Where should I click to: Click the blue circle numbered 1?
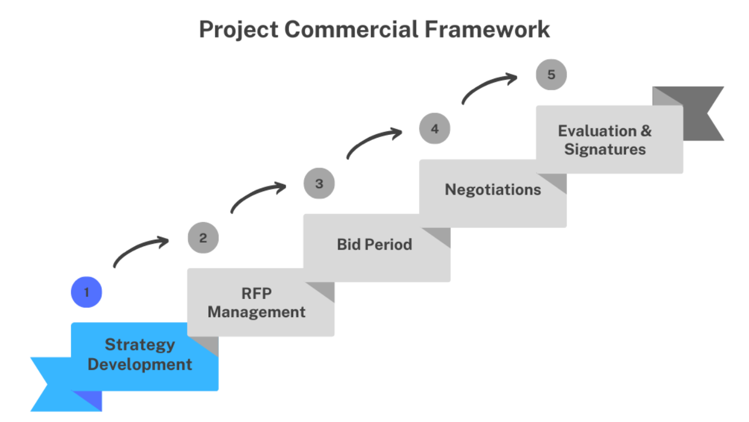[86, 292]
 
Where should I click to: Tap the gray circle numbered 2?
[203, 238]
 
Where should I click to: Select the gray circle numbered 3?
[319, 183]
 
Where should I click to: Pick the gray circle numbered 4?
[435, 128]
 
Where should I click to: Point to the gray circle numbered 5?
[551, 74]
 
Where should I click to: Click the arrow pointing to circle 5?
[486, 84]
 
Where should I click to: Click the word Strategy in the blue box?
[140, 345]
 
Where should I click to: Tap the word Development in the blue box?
[140, 365]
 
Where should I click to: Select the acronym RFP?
[256, 294]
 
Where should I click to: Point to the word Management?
[256, 312]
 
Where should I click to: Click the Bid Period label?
[374, 244]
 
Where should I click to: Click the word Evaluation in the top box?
[597, 131]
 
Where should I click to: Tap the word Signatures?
[605, 149]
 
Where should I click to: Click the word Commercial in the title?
[352, 29]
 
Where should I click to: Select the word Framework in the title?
[487, 29]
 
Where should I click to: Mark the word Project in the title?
[239, 30]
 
